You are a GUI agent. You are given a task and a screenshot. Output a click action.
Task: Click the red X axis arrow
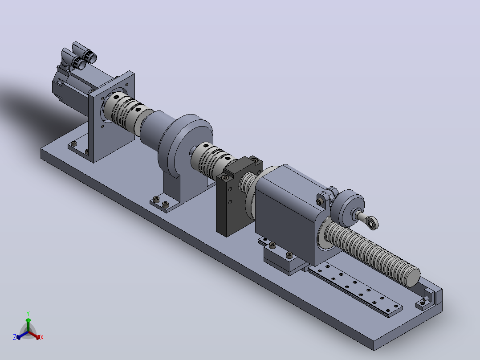click(x=34, y=335)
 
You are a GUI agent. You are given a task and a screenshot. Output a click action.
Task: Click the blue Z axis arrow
click(x=22, y=335)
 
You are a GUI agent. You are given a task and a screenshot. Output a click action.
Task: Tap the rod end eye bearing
click(x=372, y=223)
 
